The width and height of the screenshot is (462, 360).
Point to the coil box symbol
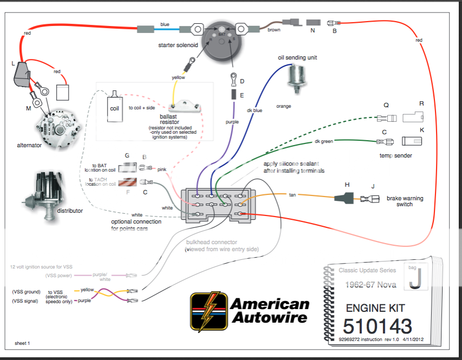click(114, 103)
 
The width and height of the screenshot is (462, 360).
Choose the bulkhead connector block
click(220, 205)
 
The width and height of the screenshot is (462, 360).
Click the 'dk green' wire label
click(324, 141)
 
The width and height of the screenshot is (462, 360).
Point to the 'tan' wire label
click(292, 194)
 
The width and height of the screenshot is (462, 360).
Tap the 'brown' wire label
click(274, 30)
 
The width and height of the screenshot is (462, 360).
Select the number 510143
click(377, 326)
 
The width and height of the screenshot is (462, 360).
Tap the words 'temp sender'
click(396, 155)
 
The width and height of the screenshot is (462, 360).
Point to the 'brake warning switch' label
click(405, 201)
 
